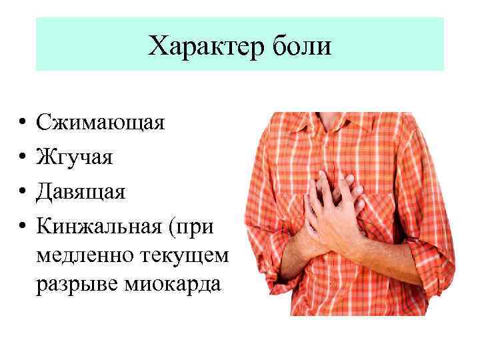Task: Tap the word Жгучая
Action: pyautogui.click(x=75, y=157)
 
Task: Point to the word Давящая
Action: pyautogui.click(x=81, y=192)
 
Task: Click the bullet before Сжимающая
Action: pyautogui.click(x=23, y=123)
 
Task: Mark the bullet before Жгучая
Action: pyautogui.click(x=23, y=157)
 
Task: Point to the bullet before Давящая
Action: pyautogui.click(x=23, y=192)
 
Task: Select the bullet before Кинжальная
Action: pyautogui.click(x=23, y=227)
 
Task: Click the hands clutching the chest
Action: pyautogui.click(x=333, y=207)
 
